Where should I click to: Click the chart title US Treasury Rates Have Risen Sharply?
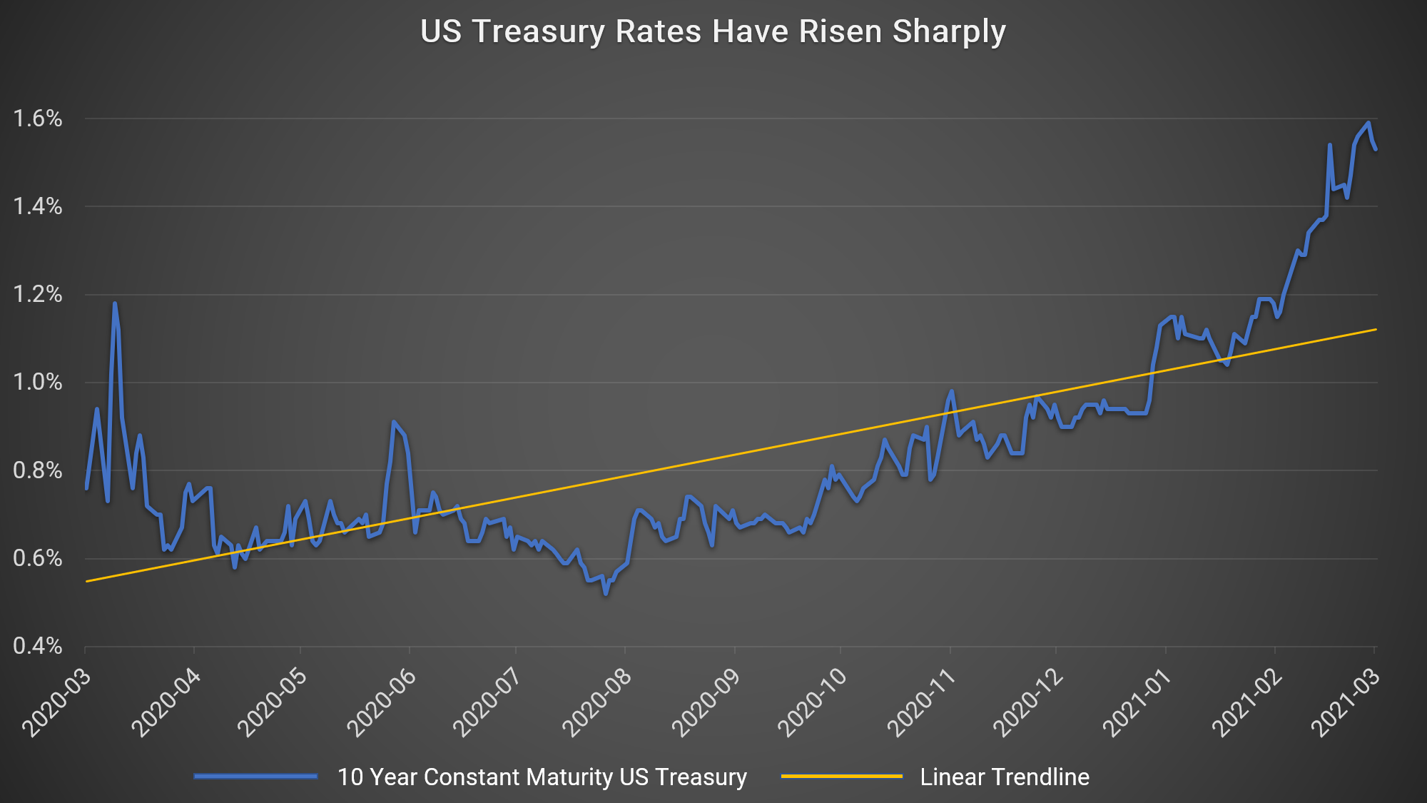tap(713, 32)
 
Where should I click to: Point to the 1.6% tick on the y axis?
tap(38, 118)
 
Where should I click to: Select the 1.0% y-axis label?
tap(38, 383)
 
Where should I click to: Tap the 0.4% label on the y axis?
tap(38, 647)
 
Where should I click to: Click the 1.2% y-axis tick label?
tap(38, 295)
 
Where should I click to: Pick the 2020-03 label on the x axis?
tap(57, 703)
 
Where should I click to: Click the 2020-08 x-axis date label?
tap(597, 703)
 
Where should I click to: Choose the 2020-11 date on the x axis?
tap(921, 703)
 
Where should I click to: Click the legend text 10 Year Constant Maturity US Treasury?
tap(542, 777)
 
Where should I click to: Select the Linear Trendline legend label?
tap(1005, 777)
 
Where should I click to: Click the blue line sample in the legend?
tap(255, 777)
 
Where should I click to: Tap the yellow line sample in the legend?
tap(842, 777)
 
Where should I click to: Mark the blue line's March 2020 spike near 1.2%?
tap(114, 304)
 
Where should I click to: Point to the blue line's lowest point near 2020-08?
tap(606, 593)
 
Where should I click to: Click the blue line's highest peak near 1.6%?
tap(1368, 123)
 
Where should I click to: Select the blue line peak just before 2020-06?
tap(393, 422)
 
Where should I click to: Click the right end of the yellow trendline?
tap(1375, 330)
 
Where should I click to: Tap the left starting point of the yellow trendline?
tap(87, 581)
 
